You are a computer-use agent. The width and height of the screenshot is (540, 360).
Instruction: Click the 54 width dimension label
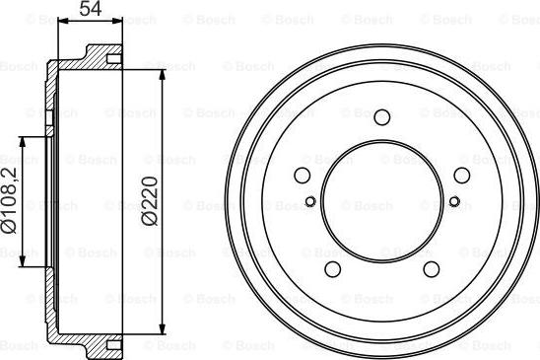coord(91,8)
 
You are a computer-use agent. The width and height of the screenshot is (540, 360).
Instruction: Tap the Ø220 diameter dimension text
coord(150,201)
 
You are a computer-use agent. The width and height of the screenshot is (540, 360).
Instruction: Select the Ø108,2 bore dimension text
coord(9,200)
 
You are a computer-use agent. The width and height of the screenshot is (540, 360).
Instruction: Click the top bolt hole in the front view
coord(382,117)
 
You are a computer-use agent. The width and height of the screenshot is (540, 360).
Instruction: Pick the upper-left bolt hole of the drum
coord(303,176)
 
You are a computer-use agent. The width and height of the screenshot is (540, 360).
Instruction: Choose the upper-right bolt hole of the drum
coord(462,176)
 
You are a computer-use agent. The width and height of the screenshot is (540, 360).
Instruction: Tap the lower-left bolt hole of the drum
coord(333,269)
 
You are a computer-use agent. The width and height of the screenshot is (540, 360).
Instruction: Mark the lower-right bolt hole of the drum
coord(432,269)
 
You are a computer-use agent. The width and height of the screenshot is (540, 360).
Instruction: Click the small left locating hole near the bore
coord(310,201)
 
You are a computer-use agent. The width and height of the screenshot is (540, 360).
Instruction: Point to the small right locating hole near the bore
coord(454,201)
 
